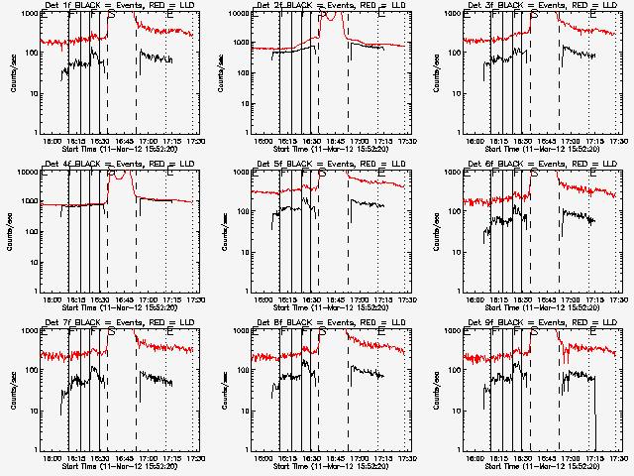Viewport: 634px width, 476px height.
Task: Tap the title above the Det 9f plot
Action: (x=543, y=323)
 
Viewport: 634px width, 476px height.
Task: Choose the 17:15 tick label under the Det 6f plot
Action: (x=597, y=301)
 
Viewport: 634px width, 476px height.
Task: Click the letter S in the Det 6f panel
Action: (x=534, y=172)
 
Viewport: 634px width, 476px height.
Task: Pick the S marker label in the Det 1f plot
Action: (x=111, y=13)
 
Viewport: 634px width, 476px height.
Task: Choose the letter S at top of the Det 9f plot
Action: (x=534, y=330)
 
